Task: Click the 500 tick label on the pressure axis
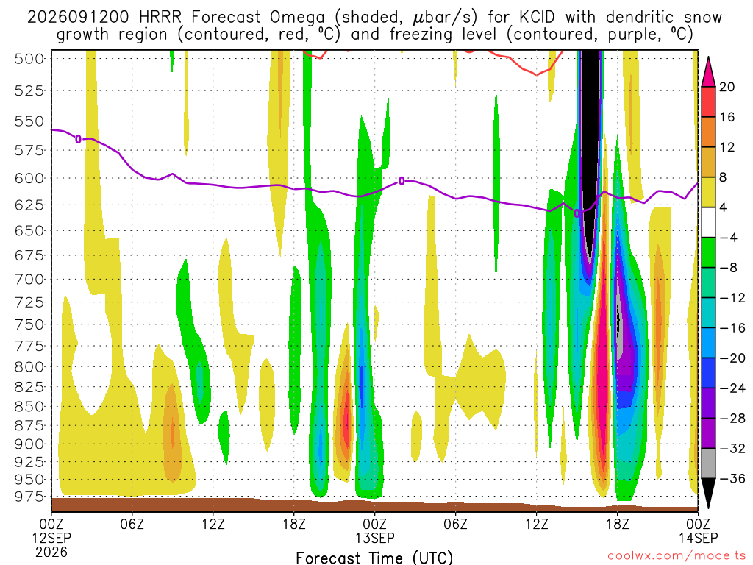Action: (x=29, y=59)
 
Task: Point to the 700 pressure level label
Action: (x=29, y=279)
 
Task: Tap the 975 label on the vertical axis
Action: (x=29, y=497)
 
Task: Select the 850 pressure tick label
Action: (x=29, y=406)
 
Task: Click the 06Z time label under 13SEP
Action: (x=455, y=523)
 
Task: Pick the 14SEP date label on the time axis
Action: (x=699, y=538)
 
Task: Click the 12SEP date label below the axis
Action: (x=51, y=538)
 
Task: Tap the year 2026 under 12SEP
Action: (x=51, y=552)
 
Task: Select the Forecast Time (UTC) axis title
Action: (x=374, y=558)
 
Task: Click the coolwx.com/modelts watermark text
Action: (x=677, y=556)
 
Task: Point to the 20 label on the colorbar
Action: (x=727, y=87)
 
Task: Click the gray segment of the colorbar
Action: (x=708, y=463)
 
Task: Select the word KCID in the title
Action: (x=537, y=18)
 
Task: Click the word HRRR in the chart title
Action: (x=160, y=18)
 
